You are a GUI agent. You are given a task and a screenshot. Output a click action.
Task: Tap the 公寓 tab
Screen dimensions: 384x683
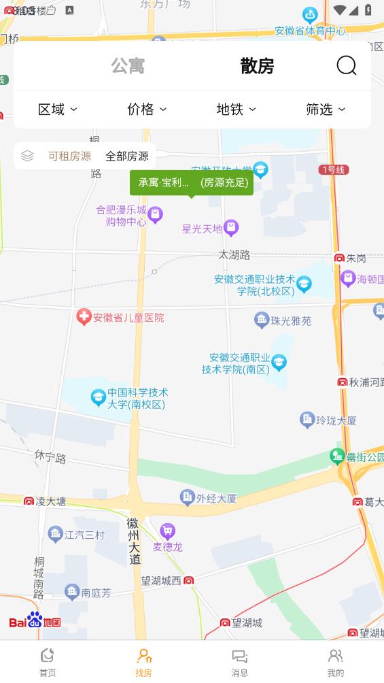click(128, 66)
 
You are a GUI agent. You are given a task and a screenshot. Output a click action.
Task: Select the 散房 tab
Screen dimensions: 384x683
click(257, 66)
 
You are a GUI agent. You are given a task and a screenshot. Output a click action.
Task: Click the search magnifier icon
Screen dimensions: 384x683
click(347, 65)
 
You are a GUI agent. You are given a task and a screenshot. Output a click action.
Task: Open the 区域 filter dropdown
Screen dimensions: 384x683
click(57, 110)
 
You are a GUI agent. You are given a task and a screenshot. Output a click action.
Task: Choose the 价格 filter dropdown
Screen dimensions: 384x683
click(147, 110)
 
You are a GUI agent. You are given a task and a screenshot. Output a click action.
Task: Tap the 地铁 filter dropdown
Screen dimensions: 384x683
click(236, 110)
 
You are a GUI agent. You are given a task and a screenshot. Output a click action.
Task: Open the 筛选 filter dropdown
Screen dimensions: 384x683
click(326, 110)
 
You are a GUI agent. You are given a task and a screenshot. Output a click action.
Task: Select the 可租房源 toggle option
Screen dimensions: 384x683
click(69, 156)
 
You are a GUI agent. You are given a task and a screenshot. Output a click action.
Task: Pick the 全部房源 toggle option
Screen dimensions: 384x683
click(126, 156)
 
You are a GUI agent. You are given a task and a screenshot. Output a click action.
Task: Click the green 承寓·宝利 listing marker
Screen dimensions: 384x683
click(191, 182)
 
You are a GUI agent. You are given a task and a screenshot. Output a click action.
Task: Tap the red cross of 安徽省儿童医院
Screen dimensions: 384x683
click(84, 317)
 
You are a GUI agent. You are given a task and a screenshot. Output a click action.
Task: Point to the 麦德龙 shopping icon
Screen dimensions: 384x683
click(167, 531)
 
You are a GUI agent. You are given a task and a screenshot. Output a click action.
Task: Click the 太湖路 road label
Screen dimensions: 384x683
click(234, 254)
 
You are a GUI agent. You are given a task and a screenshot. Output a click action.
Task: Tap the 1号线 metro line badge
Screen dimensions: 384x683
click(333, 169)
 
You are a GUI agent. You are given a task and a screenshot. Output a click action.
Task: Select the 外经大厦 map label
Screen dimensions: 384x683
click(216, 498)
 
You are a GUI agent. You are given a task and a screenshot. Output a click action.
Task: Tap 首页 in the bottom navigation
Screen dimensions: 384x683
click(48, 661)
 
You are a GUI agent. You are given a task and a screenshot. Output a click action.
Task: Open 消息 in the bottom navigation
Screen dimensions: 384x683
click(240, 661)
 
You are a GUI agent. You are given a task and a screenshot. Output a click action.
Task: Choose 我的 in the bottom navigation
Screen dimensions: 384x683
click(336, 661)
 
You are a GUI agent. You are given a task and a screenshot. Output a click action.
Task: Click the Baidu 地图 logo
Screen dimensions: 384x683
click(35, 620)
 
